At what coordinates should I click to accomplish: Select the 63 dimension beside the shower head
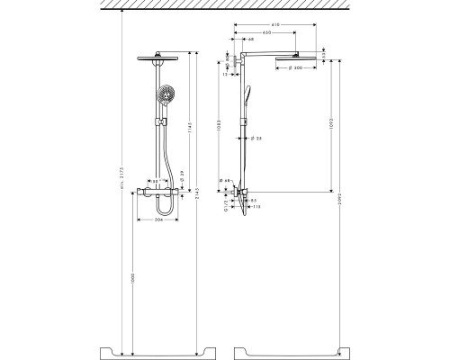click(x=322, y=54)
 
